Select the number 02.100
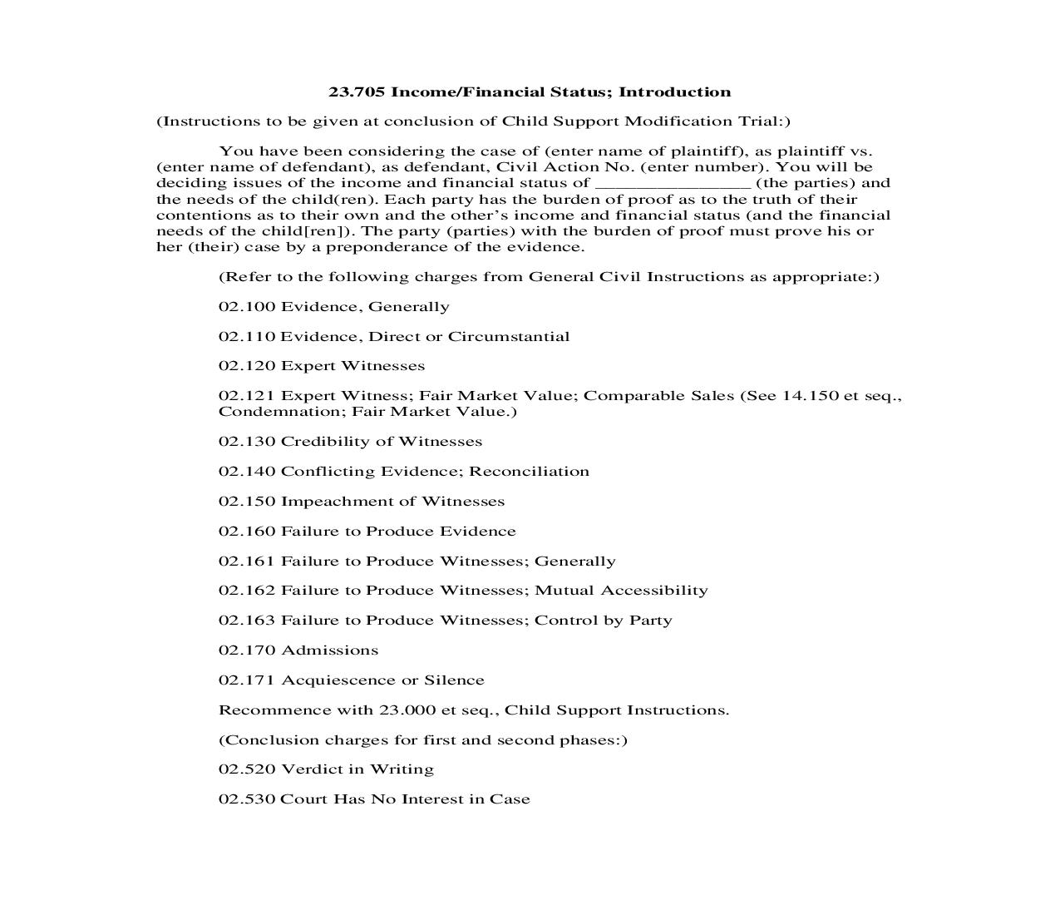pos(246,307)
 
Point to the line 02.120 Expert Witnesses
pos(322,366)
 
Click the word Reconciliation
pos(529,472)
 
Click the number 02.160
pos(246,532)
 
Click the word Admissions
pos(330,650)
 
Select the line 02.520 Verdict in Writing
pos(326,769)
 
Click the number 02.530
pos(246,799)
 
